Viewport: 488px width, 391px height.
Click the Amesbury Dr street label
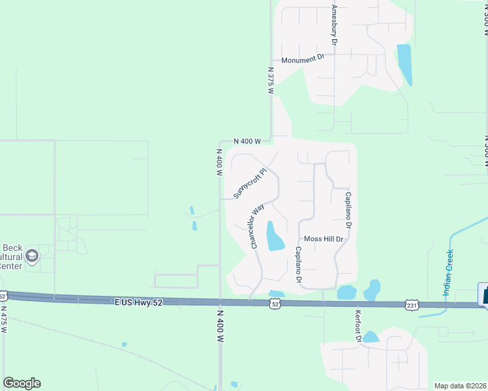tap(334, 25)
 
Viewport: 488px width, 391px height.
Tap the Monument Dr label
tap(303, 59)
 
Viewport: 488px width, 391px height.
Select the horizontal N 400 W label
tap(248, 141)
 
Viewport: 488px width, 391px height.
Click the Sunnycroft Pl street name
tap(251, 184)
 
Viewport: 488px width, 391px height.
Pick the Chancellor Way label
tap(257, 225)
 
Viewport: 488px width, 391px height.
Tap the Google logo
tap(22, 383)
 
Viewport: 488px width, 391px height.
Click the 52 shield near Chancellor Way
tap(276, 304)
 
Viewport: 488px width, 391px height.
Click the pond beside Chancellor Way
tap(274, 237)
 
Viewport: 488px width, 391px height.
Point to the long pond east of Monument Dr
tap(404, 65)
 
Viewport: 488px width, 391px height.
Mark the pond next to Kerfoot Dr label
tap(371, 337)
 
